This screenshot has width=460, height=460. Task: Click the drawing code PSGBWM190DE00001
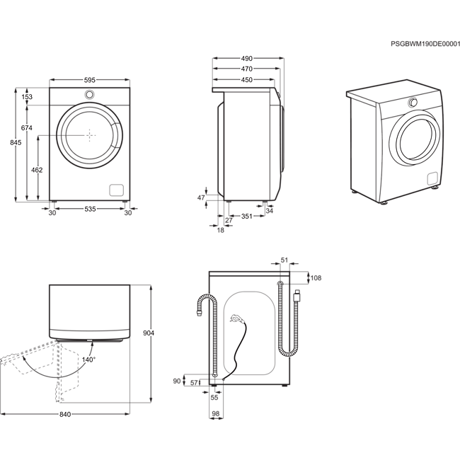[425, 44]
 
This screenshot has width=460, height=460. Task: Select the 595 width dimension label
[90, 80]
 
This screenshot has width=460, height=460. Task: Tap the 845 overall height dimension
[16, 142]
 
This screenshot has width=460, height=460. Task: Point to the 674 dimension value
[27, 128]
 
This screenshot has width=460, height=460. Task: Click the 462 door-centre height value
[37, 170]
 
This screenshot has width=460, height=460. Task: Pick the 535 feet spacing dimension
[90, 209]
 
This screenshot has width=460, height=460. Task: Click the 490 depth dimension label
[247, 59]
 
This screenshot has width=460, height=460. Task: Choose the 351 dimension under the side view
[247, 217]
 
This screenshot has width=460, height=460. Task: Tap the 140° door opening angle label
[88, 360]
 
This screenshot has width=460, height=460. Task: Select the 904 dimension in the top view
[149, 333]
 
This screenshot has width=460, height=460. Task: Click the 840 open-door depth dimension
[65, 414]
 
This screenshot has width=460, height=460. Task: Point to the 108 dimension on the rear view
[316, 278]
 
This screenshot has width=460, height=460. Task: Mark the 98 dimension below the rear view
[216, 414]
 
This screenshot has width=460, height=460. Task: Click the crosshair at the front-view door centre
[90, 135]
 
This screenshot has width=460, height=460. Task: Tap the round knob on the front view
[89, 94]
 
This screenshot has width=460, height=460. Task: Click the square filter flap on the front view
[117, 190]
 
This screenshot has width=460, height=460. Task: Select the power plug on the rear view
[236, 318]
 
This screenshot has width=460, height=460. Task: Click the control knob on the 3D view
[413, 102]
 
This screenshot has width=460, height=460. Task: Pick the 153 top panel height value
[27, 97]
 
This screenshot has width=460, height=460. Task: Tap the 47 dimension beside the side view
[201, 197]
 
